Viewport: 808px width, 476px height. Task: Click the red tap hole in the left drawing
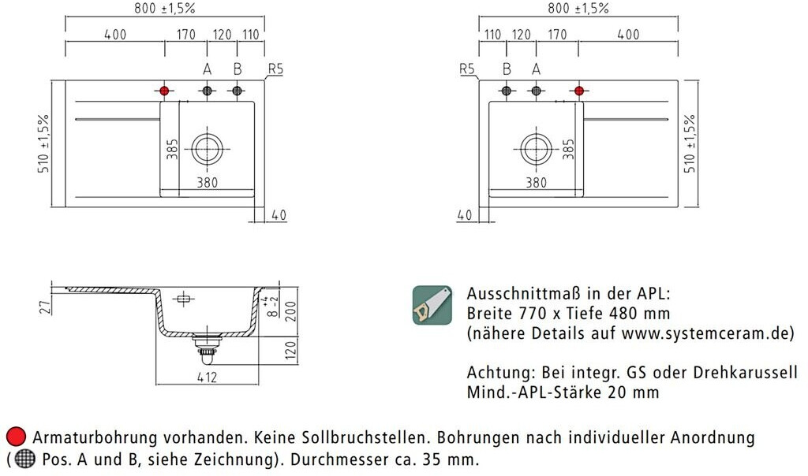164,91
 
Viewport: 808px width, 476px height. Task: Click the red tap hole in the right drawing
579,91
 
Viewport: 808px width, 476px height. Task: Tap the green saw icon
432,305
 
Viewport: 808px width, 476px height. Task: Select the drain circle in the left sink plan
208,147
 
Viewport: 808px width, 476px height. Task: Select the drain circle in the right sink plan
536,147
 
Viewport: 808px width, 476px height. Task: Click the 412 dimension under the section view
207,377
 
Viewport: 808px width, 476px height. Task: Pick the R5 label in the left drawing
275,69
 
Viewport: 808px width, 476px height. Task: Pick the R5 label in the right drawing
468,69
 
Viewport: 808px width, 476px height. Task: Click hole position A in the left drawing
208,91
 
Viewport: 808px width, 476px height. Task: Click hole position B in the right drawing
507,91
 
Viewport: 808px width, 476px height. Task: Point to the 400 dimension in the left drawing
114,35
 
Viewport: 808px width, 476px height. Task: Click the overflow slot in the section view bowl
184,299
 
